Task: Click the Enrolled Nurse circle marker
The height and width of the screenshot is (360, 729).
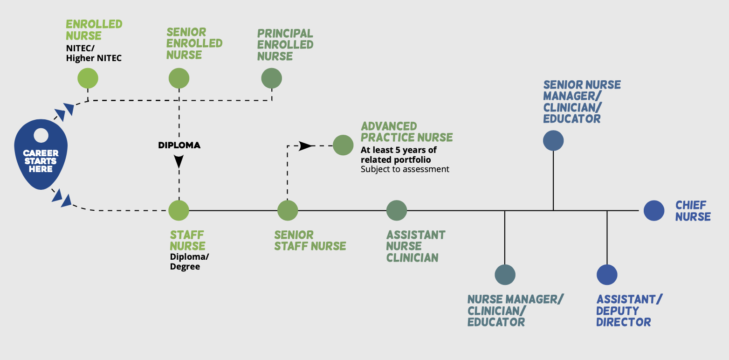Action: pyautogui.click(x=88, y=78)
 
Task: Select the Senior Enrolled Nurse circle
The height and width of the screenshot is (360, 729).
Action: pyautogui.click(x=179, y=78)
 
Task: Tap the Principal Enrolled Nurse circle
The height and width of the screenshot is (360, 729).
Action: pyautogui.click(x=272, y=78)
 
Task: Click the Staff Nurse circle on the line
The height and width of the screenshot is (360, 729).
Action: pyautogui.click(x=179, y=210)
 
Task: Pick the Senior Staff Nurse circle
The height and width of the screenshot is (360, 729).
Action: pyautogui.click(x=288, y=210)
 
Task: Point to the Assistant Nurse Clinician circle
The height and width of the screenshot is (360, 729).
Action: pyautogui.click(x=397, y=210)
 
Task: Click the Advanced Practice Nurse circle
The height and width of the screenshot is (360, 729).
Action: pyautogui.click(x=343, y=145)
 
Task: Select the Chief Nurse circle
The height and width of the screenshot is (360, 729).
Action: pyautogui.click(x=654, y=210)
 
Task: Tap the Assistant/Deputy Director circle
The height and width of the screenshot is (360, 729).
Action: pyautogui.click(x=607, y=275)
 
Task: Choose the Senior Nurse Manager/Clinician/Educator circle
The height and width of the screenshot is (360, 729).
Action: pyautogui.click(x=553, y=141)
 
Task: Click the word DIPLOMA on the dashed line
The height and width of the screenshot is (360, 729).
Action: pyautogui.click(x=179, y=145)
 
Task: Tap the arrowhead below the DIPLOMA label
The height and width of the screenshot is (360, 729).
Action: pyautogui.click(x=179, y=161)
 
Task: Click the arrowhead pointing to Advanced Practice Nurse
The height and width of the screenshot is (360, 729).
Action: pyautogui.click(x=306, y=145)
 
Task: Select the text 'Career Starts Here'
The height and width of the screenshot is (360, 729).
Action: pyautogui.click(x=41, y=161)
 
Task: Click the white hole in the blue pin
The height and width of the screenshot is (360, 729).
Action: pyautogui.click(x=41, y=136)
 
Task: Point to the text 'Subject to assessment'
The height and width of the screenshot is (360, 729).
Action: pyautogui.click(x=405, y=169)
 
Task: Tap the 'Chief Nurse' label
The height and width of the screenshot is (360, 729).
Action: pyautogui.click(x=693, y=211)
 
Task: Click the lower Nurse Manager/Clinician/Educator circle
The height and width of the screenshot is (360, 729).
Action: pyautogui.click(x=505, y=275)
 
